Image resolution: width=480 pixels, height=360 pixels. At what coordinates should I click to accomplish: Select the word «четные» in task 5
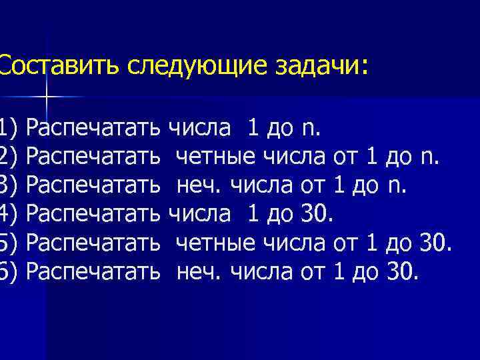(x=217, y=243)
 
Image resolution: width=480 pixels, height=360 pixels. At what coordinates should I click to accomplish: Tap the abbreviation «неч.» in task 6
(x=200, y=272)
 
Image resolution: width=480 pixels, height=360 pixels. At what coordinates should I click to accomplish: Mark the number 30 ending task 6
(x=401, y=272)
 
